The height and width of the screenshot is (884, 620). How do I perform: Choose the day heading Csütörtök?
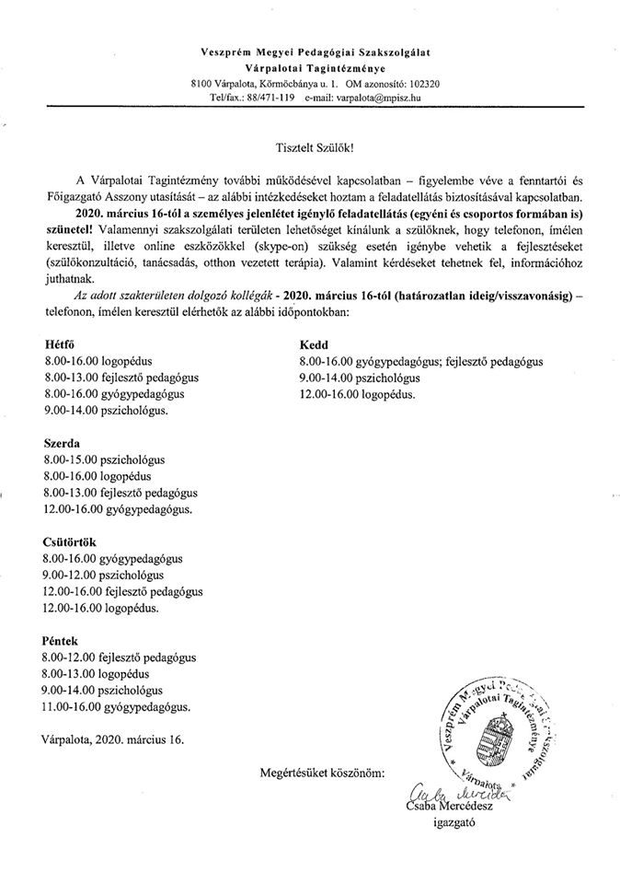70,541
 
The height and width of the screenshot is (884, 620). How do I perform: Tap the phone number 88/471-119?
269,97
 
